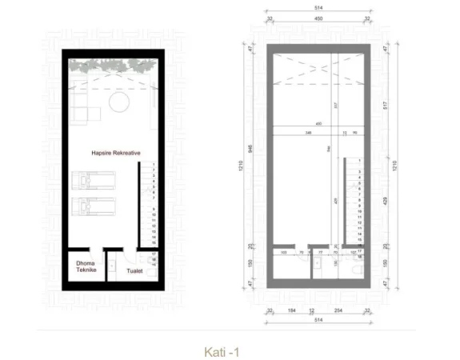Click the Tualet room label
coord(134,271)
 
